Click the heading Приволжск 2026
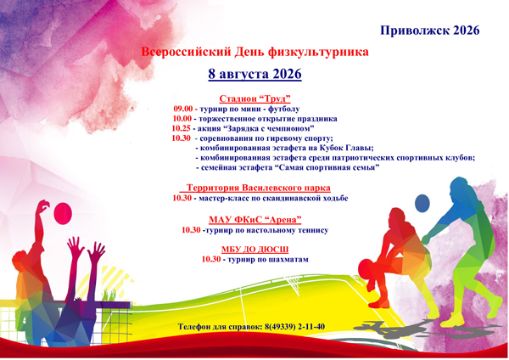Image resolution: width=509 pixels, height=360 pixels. (x=430, y=31)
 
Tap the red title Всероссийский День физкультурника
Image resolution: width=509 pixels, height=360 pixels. (x=255, y=52)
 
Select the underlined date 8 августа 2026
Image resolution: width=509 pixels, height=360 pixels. (x=255, y=74)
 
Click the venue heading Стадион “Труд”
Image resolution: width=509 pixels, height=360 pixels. (x=255, y=98)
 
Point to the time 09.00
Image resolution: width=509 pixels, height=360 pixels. (x=182, y=109)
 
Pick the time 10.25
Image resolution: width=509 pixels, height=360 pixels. (x=182, y=128)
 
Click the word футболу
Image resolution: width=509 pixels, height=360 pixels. (x=283, y=110)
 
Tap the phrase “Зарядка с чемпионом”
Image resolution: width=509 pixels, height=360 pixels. (x=268, y=128)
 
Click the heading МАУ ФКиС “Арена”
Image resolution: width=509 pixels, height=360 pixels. (x=255, y=220)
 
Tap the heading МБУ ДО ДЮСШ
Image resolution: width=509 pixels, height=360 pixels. (x=255, y=250)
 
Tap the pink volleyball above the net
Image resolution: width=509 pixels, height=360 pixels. (x=63, y=213)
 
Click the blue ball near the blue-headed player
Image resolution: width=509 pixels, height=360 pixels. (x=422, y=204)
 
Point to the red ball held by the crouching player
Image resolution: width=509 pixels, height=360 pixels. (x=366, y=269)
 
